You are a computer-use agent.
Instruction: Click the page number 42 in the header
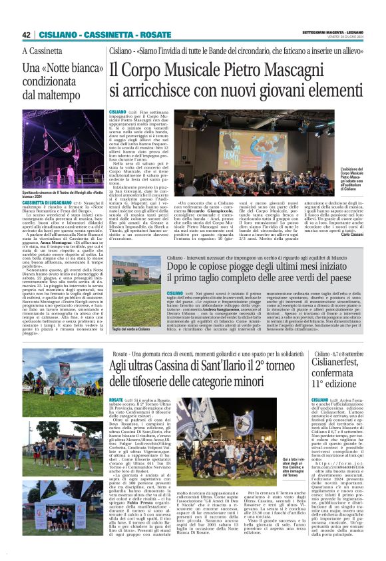[27, 35]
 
